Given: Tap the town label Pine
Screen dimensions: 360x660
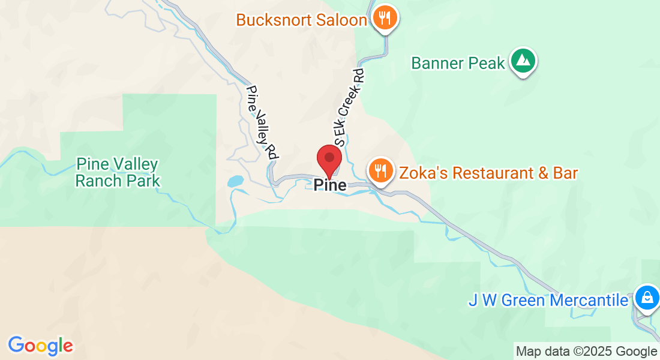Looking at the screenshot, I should tap(330, 185).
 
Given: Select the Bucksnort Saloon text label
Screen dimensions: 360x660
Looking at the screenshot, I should tap(301, 20).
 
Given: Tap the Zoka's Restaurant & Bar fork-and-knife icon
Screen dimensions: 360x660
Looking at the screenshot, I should tap(380, 171).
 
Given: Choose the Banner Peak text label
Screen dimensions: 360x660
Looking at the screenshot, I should tap(458, 63).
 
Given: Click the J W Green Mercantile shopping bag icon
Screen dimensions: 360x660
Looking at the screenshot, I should tap(647, 298).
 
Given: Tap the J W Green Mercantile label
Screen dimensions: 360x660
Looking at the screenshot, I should tap(548, 300).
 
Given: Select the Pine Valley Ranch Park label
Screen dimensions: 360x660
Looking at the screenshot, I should tap(117, 172).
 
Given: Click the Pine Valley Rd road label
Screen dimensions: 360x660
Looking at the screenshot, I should tap(262, 122).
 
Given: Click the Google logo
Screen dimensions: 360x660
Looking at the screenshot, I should tap(40, 346).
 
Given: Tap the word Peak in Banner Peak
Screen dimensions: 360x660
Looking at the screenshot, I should tap(488, 63).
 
